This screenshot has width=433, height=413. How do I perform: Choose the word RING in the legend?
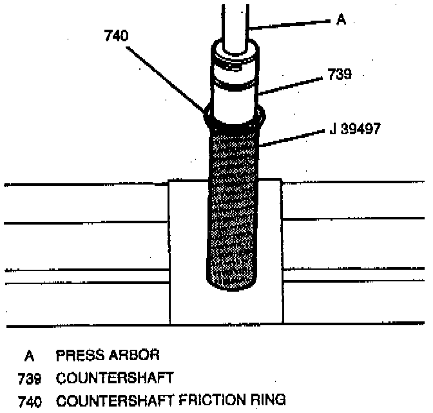266,401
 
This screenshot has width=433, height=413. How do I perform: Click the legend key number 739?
31,378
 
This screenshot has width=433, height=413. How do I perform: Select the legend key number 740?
31,401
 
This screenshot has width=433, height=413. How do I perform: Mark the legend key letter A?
28,356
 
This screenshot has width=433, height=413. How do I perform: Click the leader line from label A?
290,24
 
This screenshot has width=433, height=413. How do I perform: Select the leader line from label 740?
168,77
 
